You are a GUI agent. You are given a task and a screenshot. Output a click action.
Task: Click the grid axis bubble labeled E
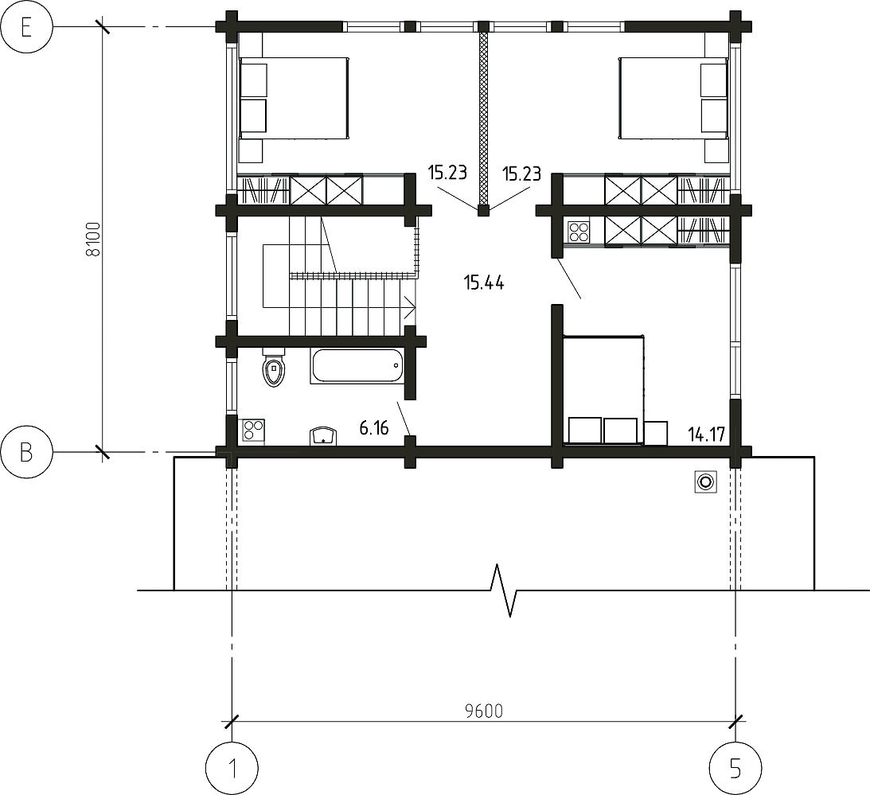(26, 26)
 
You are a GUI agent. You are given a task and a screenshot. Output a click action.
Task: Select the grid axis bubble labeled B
(26, 452)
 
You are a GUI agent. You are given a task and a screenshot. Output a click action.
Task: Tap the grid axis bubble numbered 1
(232, 769)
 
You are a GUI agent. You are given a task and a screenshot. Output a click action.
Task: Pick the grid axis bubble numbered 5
(735, 769)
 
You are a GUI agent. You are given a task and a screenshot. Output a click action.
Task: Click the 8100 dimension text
(94, 239)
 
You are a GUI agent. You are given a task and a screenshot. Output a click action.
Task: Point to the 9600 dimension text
(484, 711)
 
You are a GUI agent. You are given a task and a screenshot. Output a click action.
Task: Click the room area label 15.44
(484, 283)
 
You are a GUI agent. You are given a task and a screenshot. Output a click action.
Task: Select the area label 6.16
(374, 428)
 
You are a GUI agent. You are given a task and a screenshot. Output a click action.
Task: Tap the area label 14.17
(706, 434)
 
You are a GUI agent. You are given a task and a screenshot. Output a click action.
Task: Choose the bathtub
(357, 365)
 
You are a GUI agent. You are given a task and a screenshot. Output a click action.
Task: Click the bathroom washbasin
(323, 435)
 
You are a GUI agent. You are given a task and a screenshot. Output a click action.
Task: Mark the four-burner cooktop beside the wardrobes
(579, 232)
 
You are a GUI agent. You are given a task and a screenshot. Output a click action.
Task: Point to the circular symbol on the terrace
(706, 481)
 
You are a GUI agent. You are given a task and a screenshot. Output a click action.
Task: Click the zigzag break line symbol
(505, 590)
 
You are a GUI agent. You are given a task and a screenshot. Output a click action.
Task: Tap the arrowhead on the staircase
(411, 307)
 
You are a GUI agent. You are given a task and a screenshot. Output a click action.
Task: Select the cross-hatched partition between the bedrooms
(483, 119)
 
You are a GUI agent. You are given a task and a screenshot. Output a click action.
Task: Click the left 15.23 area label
(447, 173)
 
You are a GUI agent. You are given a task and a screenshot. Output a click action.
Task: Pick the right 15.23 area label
(521, 174)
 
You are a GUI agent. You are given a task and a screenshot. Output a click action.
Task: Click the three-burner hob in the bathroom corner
(253, 431)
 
